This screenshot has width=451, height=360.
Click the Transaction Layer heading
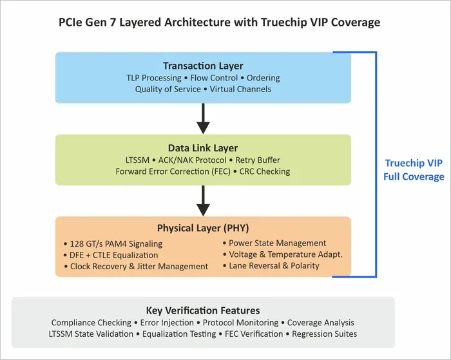point(203,66)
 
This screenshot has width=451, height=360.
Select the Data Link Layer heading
point(203,147)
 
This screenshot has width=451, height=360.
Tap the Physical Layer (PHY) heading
point(203,228)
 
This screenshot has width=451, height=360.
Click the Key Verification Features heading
point(203,310)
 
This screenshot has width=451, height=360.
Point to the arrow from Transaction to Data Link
point(204,117)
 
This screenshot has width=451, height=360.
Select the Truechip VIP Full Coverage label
point(414,170)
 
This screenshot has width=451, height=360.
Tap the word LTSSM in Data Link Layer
point(139,160)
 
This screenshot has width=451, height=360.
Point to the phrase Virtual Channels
point(241,89)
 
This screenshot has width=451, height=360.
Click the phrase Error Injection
point(164,322)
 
